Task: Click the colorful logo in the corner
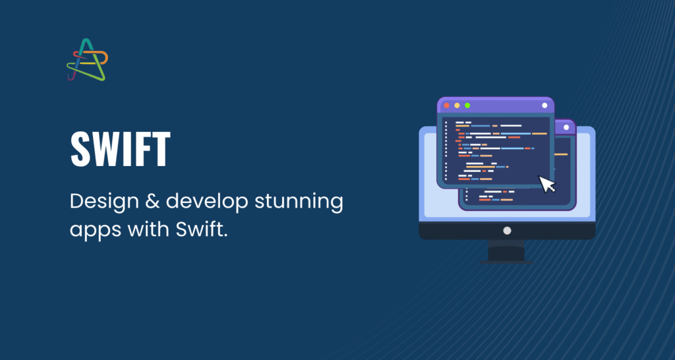88,59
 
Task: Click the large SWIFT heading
121,150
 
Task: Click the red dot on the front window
446,105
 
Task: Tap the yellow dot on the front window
457,105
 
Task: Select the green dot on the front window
467,105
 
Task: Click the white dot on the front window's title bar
544,105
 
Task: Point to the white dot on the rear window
566,127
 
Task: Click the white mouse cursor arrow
547,184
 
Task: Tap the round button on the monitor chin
507,231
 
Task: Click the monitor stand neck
506,250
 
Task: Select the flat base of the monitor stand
506,262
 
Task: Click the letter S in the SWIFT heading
80,150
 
